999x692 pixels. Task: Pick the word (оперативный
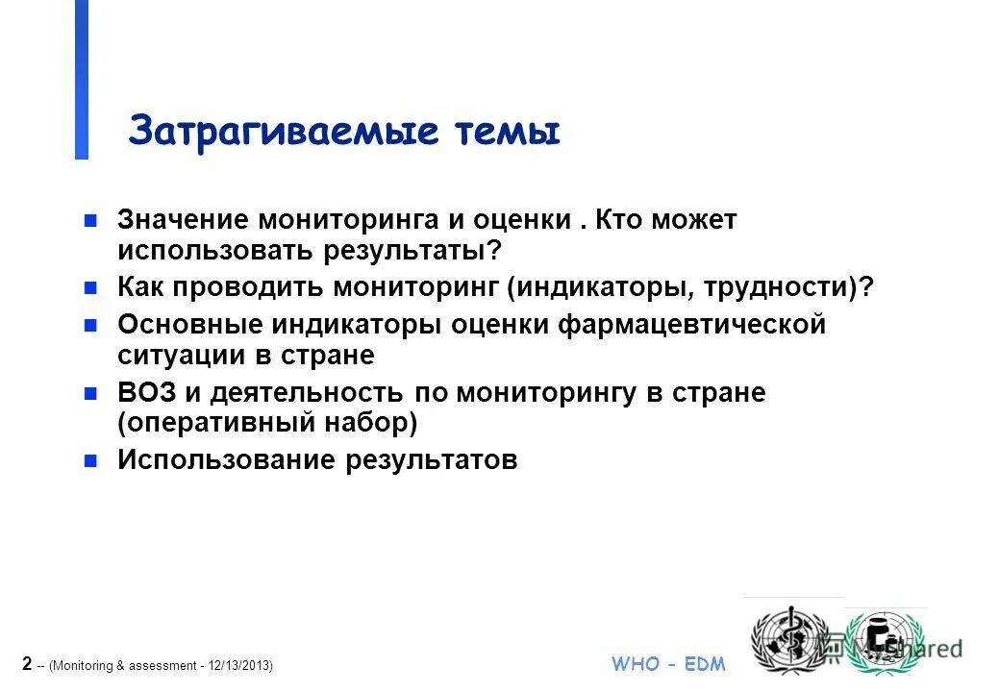pos(218,423)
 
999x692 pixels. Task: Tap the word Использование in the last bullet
pos(225,460)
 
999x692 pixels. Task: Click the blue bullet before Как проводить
pos(90,287)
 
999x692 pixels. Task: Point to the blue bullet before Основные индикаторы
pos(90,325)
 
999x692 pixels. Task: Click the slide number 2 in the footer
pos(26,663)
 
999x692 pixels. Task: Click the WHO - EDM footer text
pos(668,664)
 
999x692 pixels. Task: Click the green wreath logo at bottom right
pos(882,642)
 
